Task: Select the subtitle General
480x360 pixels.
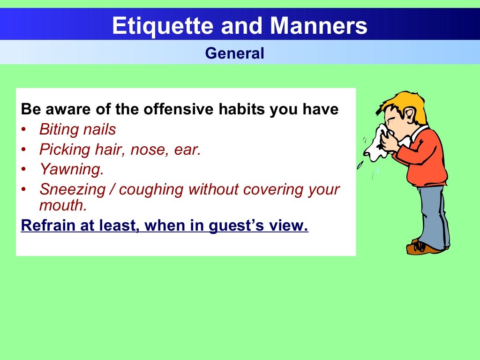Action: (x=234, y=53)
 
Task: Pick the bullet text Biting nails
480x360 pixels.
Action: (x=77, y=129)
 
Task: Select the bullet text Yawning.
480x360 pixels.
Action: (x=71, y=169)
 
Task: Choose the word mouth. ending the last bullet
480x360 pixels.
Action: (x=63, y=205)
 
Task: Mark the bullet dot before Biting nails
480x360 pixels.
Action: (x=24, y=129)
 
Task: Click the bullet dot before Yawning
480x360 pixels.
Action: (x=24, y=170)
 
